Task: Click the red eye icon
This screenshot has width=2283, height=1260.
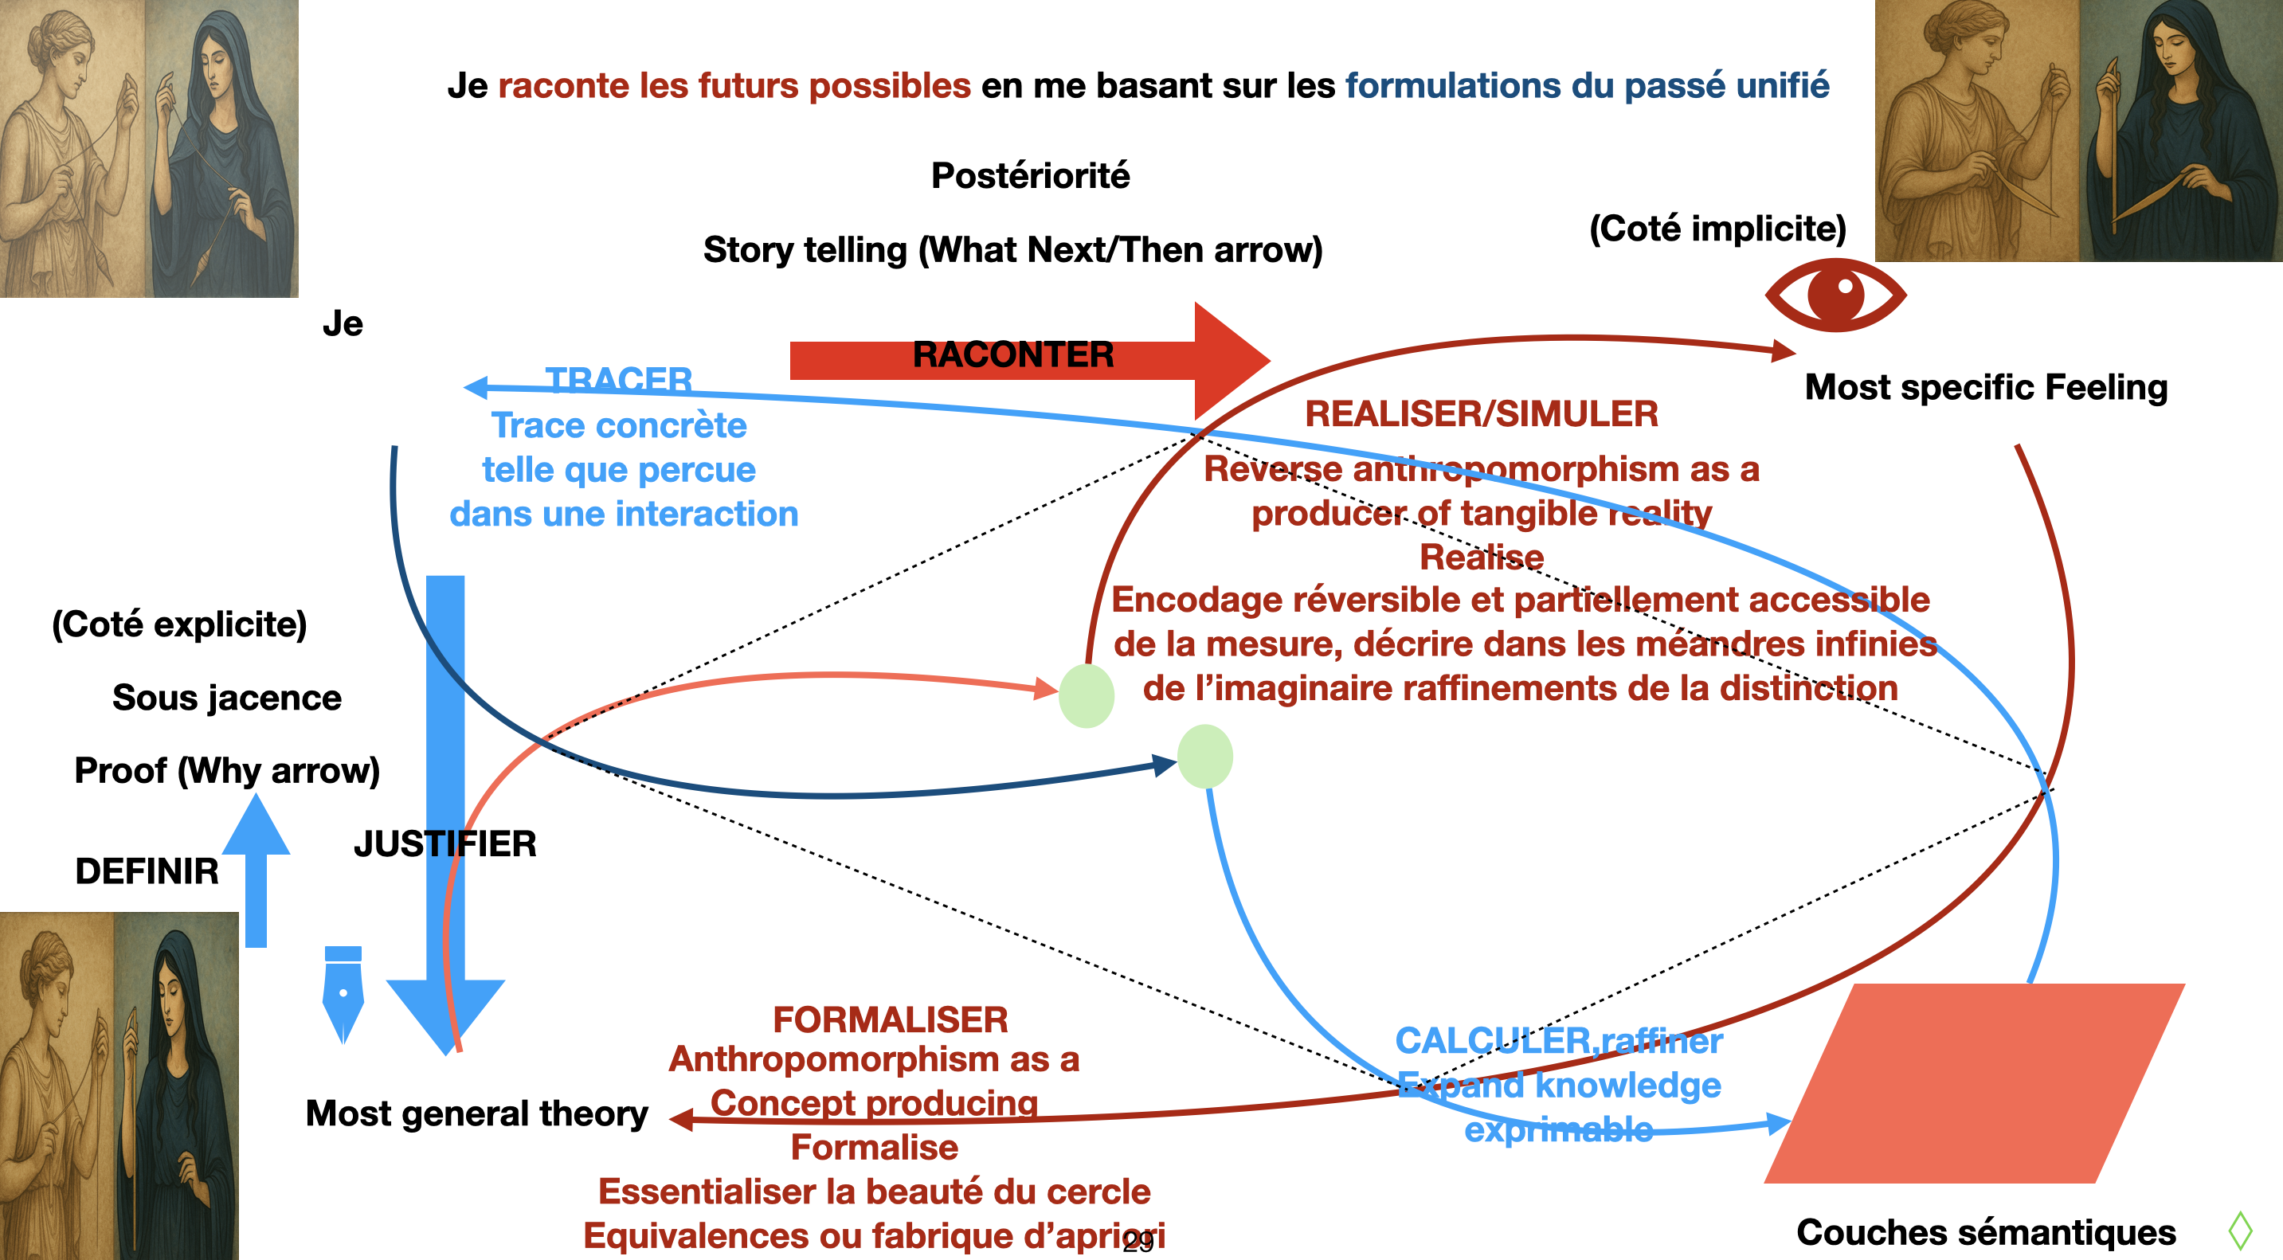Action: tap(1835, 294)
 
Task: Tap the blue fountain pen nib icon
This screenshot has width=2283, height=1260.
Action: tap(343, 992)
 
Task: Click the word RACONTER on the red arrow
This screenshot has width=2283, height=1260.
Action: tap(1012, 355)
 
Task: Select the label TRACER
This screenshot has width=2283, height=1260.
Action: tap(619, 379)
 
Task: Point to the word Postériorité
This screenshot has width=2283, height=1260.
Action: tap(1030, 175)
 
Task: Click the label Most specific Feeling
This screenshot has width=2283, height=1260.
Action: tap(1986, 387)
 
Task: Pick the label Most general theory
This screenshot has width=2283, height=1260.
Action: tap(477, 1113)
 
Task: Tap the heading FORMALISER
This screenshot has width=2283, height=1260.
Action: tap(890, 1019)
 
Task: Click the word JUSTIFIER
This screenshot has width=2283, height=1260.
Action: tap(445, 843)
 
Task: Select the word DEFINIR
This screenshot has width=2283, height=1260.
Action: tap(147, 871)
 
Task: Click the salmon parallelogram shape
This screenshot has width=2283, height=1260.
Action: tap(1975, 1082)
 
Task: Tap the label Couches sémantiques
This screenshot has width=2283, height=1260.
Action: tap(1986, 1231)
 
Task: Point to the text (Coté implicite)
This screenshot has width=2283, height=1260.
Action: tap(1717, 229)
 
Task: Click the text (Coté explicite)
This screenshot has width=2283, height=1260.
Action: tap(180, 624)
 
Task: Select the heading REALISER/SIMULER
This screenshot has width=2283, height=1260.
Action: tap(1481, 414)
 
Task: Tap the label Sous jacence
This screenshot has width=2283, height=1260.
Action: tap(227, 698)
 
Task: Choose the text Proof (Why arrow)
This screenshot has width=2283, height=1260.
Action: tap(227, 770)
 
